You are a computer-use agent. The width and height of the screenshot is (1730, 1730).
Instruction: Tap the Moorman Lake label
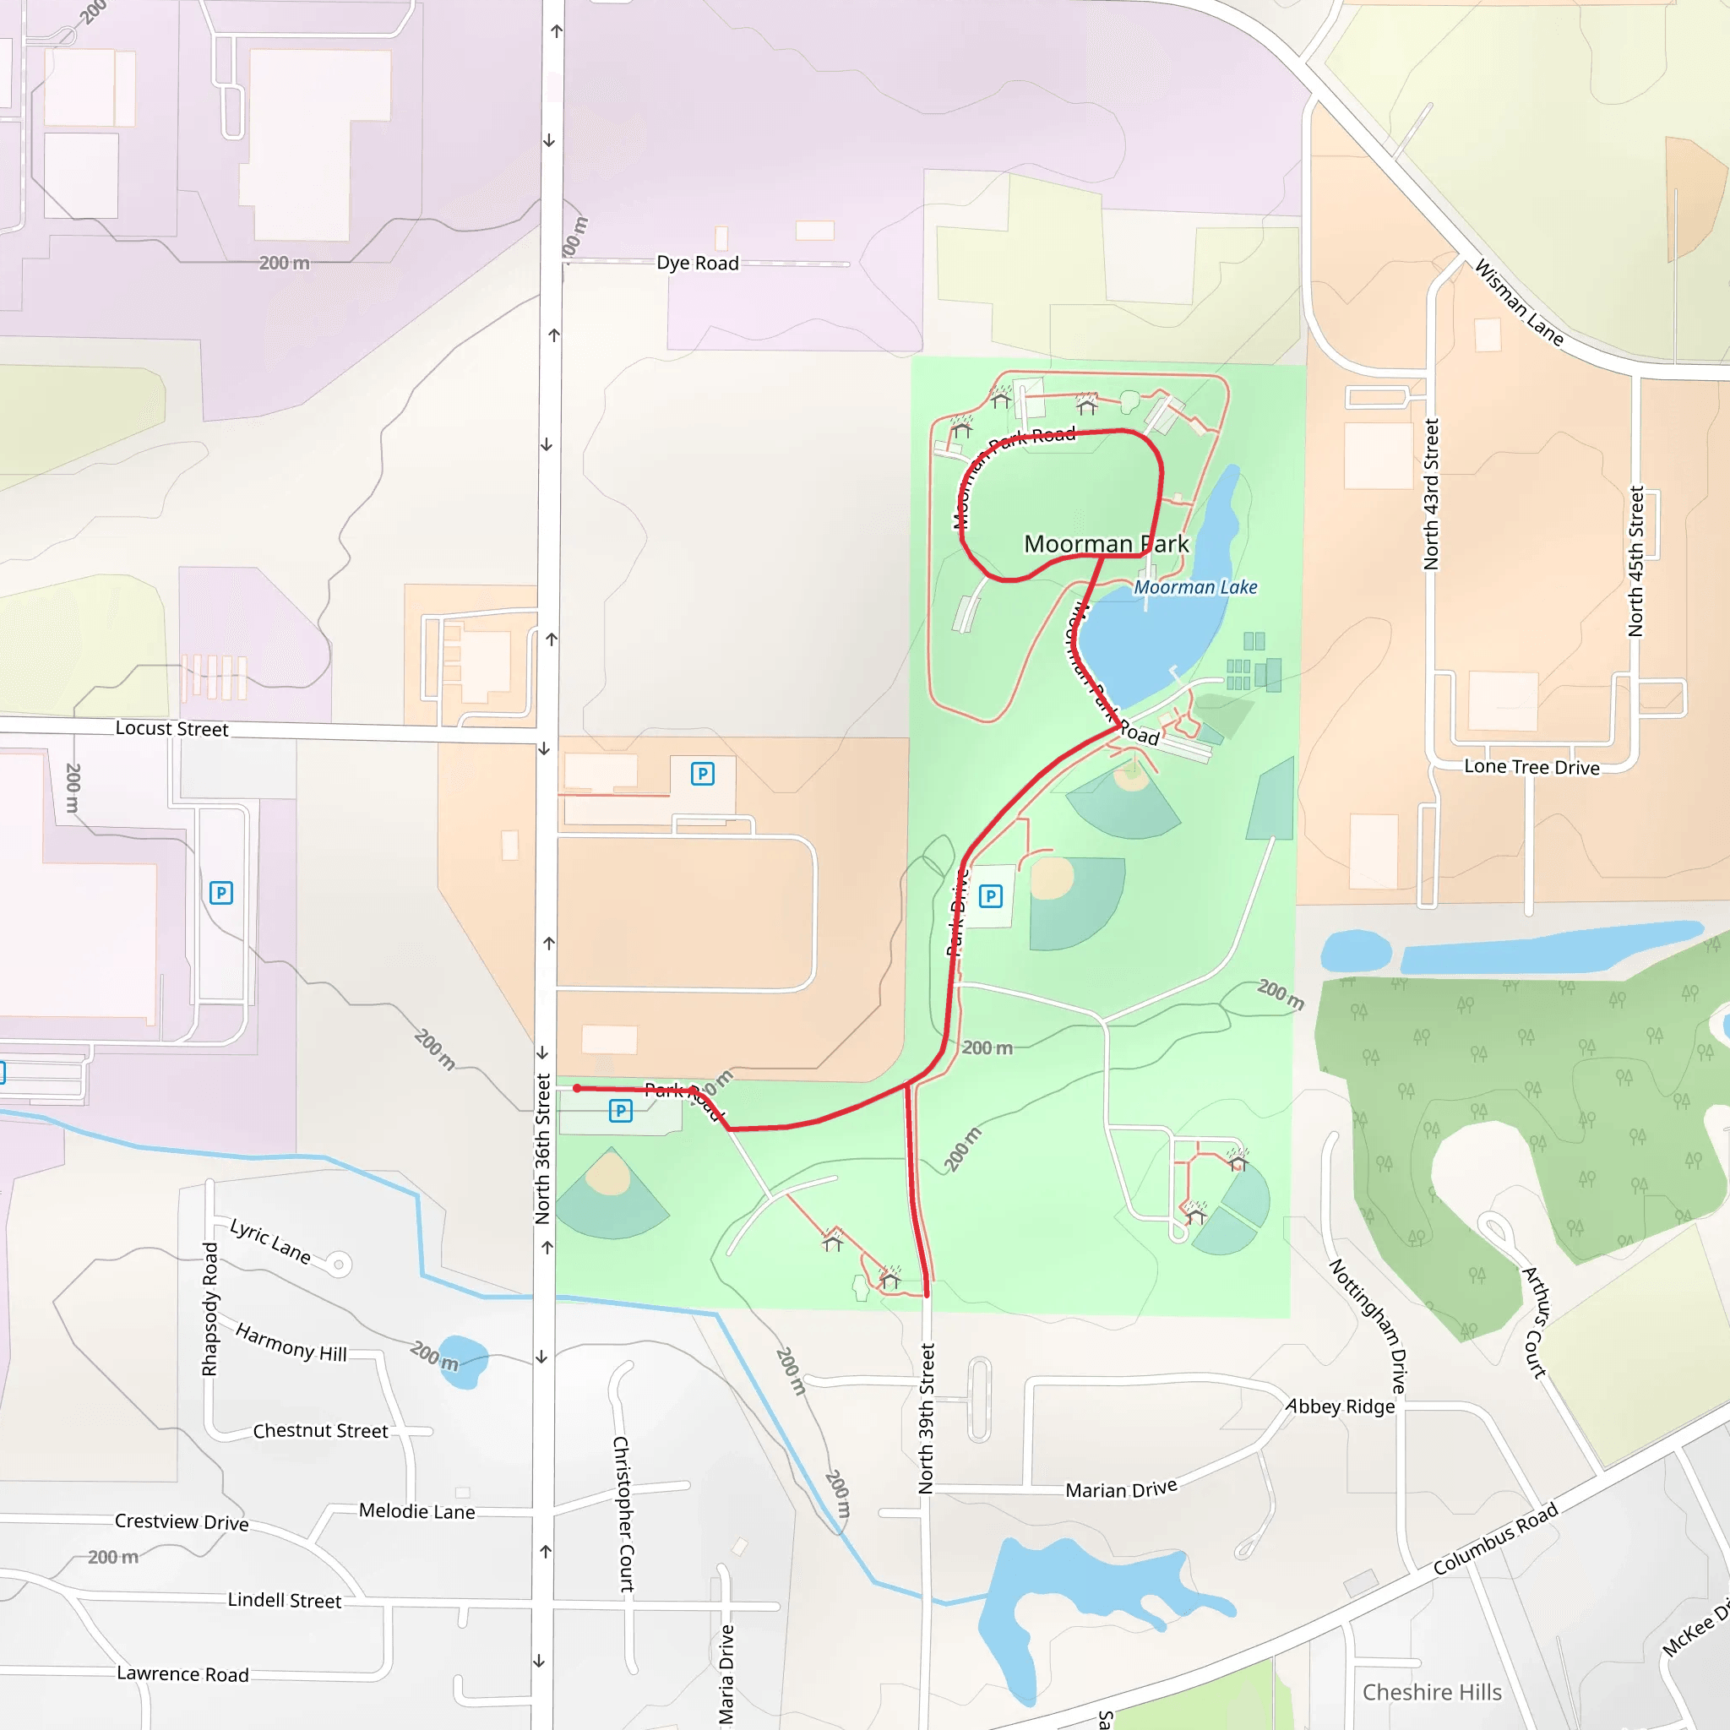pyautogui.click(x=1194, y=587)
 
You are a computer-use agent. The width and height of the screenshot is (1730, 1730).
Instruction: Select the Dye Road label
pyautogui.click(x=698, y=264)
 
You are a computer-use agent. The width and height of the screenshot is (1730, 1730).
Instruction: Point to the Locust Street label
pyautogui.click(x=172, y=729)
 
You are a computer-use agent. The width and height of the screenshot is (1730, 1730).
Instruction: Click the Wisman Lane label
pyautogui.click(x=1519, y=302)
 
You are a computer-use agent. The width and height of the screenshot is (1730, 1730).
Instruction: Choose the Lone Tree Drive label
pyautogui.click(x=1531, y=767)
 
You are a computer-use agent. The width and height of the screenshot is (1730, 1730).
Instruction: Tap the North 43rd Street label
pyautogui.click(x=1431, y=494)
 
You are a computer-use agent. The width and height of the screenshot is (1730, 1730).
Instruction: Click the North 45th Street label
pyautogui.click(x=1636, y=562)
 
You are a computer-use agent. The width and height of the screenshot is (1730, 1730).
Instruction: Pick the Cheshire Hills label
pyautogui.click(x=1432, y=1691)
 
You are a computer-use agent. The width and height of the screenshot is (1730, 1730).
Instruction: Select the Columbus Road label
pyautogui.click(x=1495, y=1538)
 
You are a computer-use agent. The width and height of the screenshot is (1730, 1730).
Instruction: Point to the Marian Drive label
pyautogui.click(x=1121, y=1489)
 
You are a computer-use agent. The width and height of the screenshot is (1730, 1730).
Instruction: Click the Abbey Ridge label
pyautogui.click(x=1341, y=1406)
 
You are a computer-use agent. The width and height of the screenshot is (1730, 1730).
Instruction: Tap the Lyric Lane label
pyautogui.click(x=270, y=1241)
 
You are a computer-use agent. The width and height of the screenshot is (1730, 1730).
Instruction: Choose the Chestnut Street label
pyautogui.click(x=320, y=1431)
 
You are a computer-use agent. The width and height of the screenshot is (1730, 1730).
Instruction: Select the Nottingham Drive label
pyautogui.click(x=1368, y=1326)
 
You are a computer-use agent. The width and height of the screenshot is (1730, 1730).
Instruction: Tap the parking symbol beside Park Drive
pyautogui.click(x=990, y=896)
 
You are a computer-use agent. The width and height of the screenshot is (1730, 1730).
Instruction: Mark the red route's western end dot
pyautogui.click(x=578, y=1089)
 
